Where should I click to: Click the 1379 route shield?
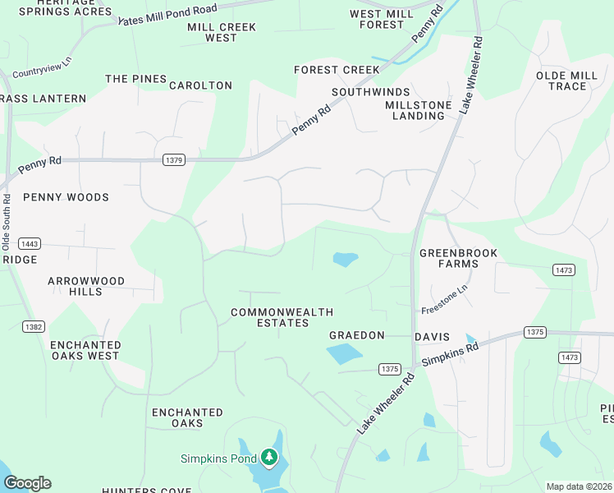[172, 159]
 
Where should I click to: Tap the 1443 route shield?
[30, 244]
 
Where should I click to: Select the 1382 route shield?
[33, 326]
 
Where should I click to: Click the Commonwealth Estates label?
[270, 317]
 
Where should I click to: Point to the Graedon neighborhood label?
[357, 335]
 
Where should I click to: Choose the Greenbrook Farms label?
[458, 258]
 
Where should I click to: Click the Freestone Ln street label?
[444, 299]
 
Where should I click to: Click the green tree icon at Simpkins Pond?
[269, 457]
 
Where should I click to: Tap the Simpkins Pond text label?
[219, 458]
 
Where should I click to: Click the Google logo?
[27, 483]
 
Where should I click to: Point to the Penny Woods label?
[66, 197]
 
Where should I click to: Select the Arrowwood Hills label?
[86, 286]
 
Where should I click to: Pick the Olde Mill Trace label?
[566, 81]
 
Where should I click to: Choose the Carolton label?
[200, 85]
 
